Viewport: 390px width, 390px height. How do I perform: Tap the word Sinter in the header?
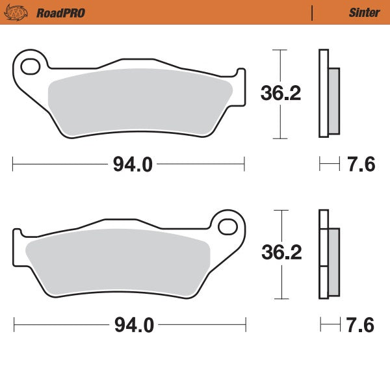[x=360, y=12]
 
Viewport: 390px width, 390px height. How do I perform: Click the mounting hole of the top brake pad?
[x=30, y=66]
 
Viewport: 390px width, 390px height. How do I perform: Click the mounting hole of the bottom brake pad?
[x=228, y=226]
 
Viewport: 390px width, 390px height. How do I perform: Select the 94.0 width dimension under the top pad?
[x=133, y=164]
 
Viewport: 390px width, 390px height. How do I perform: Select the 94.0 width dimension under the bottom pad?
[x=134, y=325]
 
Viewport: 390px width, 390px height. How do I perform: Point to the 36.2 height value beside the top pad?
[x=281, y=94]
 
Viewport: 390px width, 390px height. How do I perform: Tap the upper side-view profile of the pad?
[x=328, y=94]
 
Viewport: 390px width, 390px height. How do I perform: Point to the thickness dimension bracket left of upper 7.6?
[x=330, y=164]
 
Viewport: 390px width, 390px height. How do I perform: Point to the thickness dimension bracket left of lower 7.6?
[x=330, y=322]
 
